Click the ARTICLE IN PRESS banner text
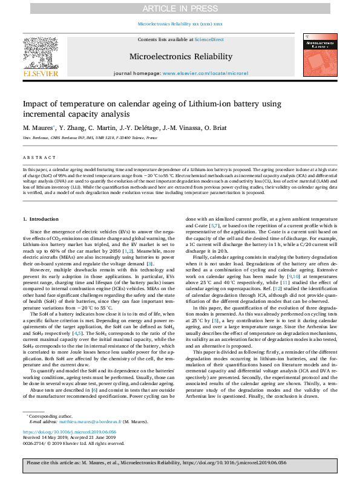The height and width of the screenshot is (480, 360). [180, 8]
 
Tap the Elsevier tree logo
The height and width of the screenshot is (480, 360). [41, 54]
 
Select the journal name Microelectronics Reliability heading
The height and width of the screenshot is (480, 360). [180, 57]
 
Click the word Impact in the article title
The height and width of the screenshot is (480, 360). [38, 104]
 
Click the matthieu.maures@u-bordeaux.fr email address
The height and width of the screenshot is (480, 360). [88, 421]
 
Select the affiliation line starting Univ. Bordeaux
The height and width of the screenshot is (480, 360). [90, 138]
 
